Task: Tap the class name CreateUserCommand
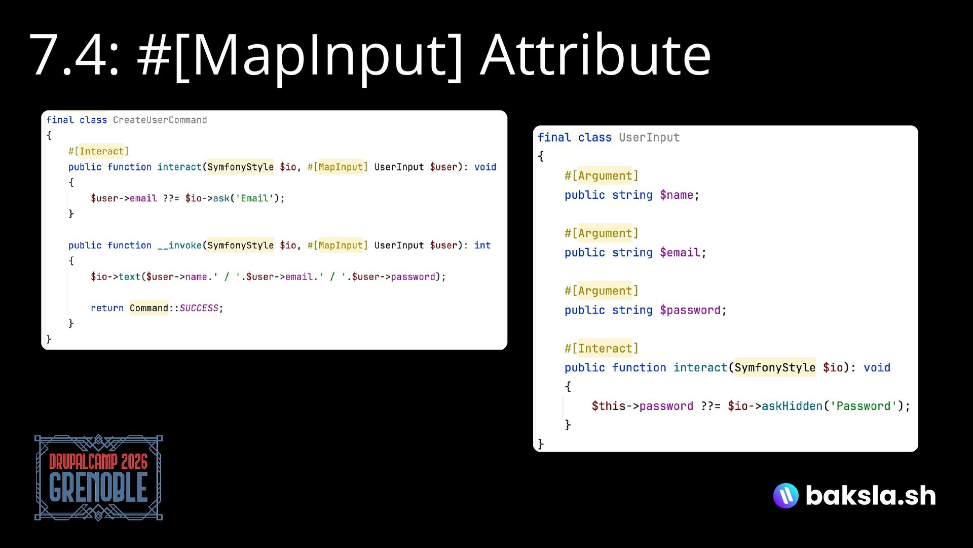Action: (x=160, y=120)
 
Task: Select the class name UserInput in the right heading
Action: (x=649, y=138)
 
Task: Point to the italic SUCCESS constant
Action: (x=199, y=308)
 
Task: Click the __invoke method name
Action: (x=179, y=246)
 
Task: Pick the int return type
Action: (x=482, y=246)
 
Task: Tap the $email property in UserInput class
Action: (x=680, y=253)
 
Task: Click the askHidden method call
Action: (x=792, y=406)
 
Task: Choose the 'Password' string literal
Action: (x=863, y=406)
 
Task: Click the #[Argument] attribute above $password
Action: (x=601, y=291)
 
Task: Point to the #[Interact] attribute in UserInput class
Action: (x=601, y=349)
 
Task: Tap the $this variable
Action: (x=608, y=406)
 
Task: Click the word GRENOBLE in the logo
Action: (x=98, y=488)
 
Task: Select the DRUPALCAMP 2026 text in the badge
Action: (x=98, y=462)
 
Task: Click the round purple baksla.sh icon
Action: (x=785, y=496)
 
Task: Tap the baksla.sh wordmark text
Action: (x=871, y=496)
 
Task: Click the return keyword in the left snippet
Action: (x=107, y=308)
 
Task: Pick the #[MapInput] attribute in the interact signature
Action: (x=338, y=167)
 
